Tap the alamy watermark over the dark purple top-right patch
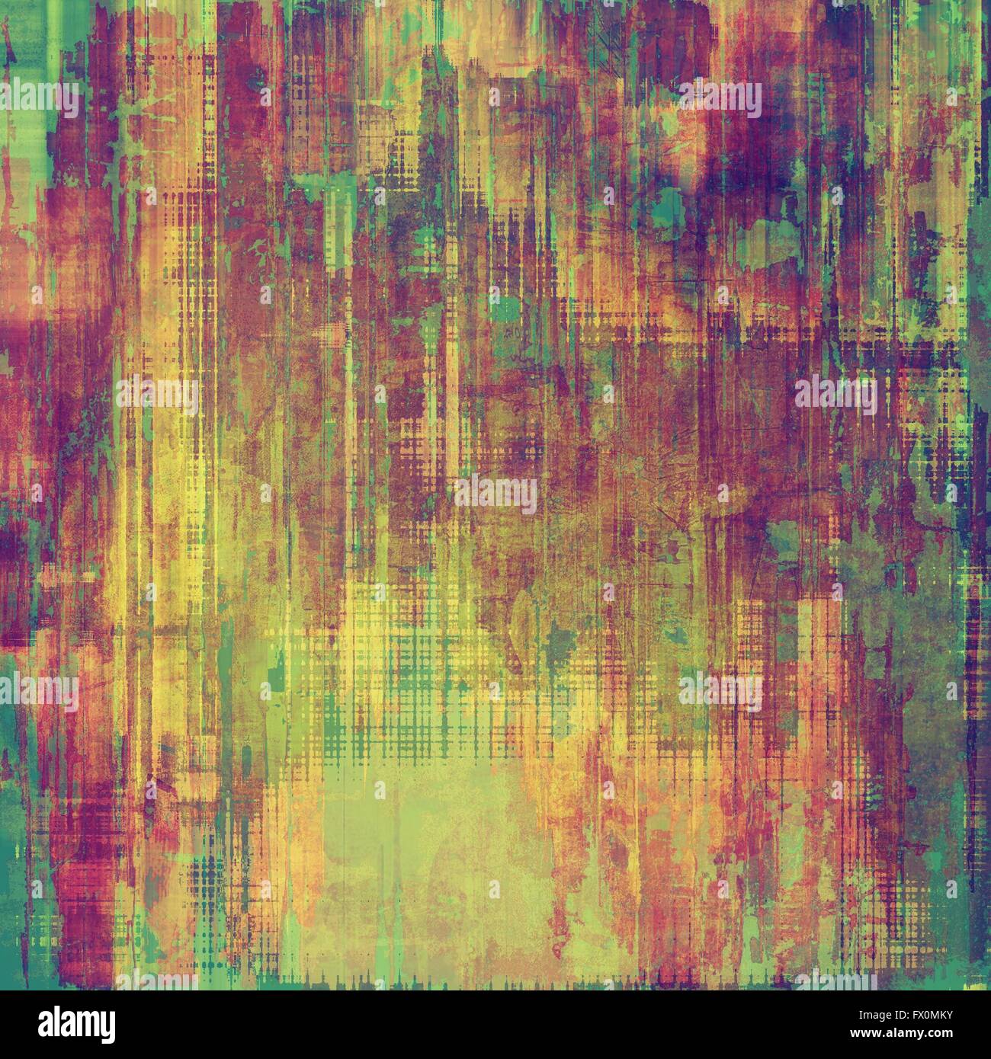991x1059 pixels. click(721, 99)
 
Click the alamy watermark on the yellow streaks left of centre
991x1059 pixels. click(157, 393)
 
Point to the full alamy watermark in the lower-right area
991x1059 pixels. click(721, 690)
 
